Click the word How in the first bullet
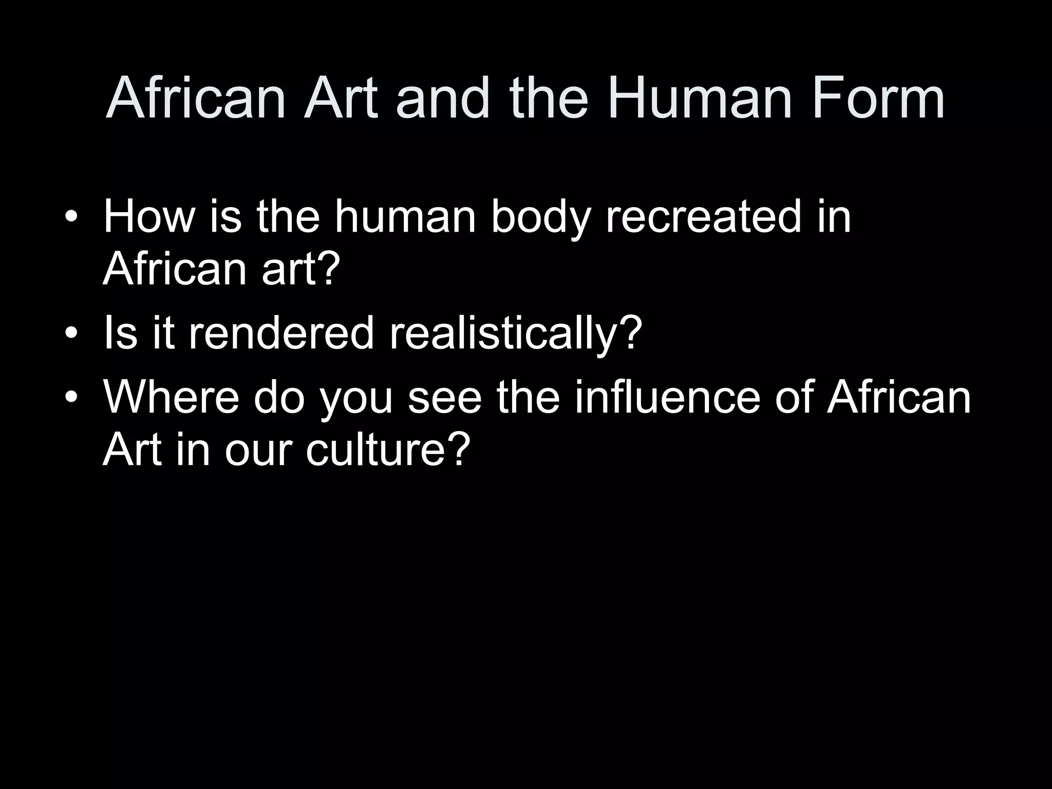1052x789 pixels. coord(149,217)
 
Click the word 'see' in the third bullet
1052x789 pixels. coord(445,399)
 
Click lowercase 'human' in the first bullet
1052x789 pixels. coord(406,217)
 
